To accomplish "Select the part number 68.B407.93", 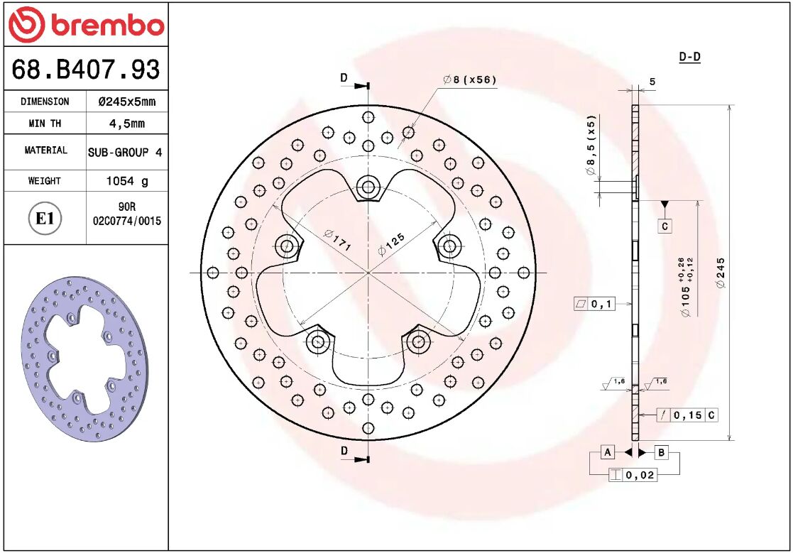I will [x=85, y=70].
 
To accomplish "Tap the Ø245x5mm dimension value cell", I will [x=126, y=102].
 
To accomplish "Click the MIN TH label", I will [x=45, y=124].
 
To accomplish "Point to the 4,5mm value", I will [x=126, y=124].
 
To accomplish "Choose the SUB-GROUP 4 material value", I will [x=126, y=152].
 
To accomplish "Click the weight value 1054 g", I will [x=126, y=181].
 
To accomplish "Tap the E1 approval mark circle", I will [x=45, y=218].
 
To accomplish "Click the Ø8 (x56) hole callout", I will [x=469, y=80].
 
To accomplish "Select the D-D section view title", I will [x=689, y=57].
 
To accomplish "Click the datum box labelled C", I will [x=665, y=226].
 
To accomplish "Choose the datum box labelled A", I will [x=608, y=452].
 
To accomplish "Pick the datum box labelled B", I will [x=660, y=452].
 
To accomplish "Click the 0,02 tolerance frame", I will [x=633, y=475].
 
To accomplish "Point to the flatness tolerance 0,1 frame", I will [x=594, y=305].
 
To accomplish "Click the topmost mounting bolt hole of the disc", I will [x=368, y=187].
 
